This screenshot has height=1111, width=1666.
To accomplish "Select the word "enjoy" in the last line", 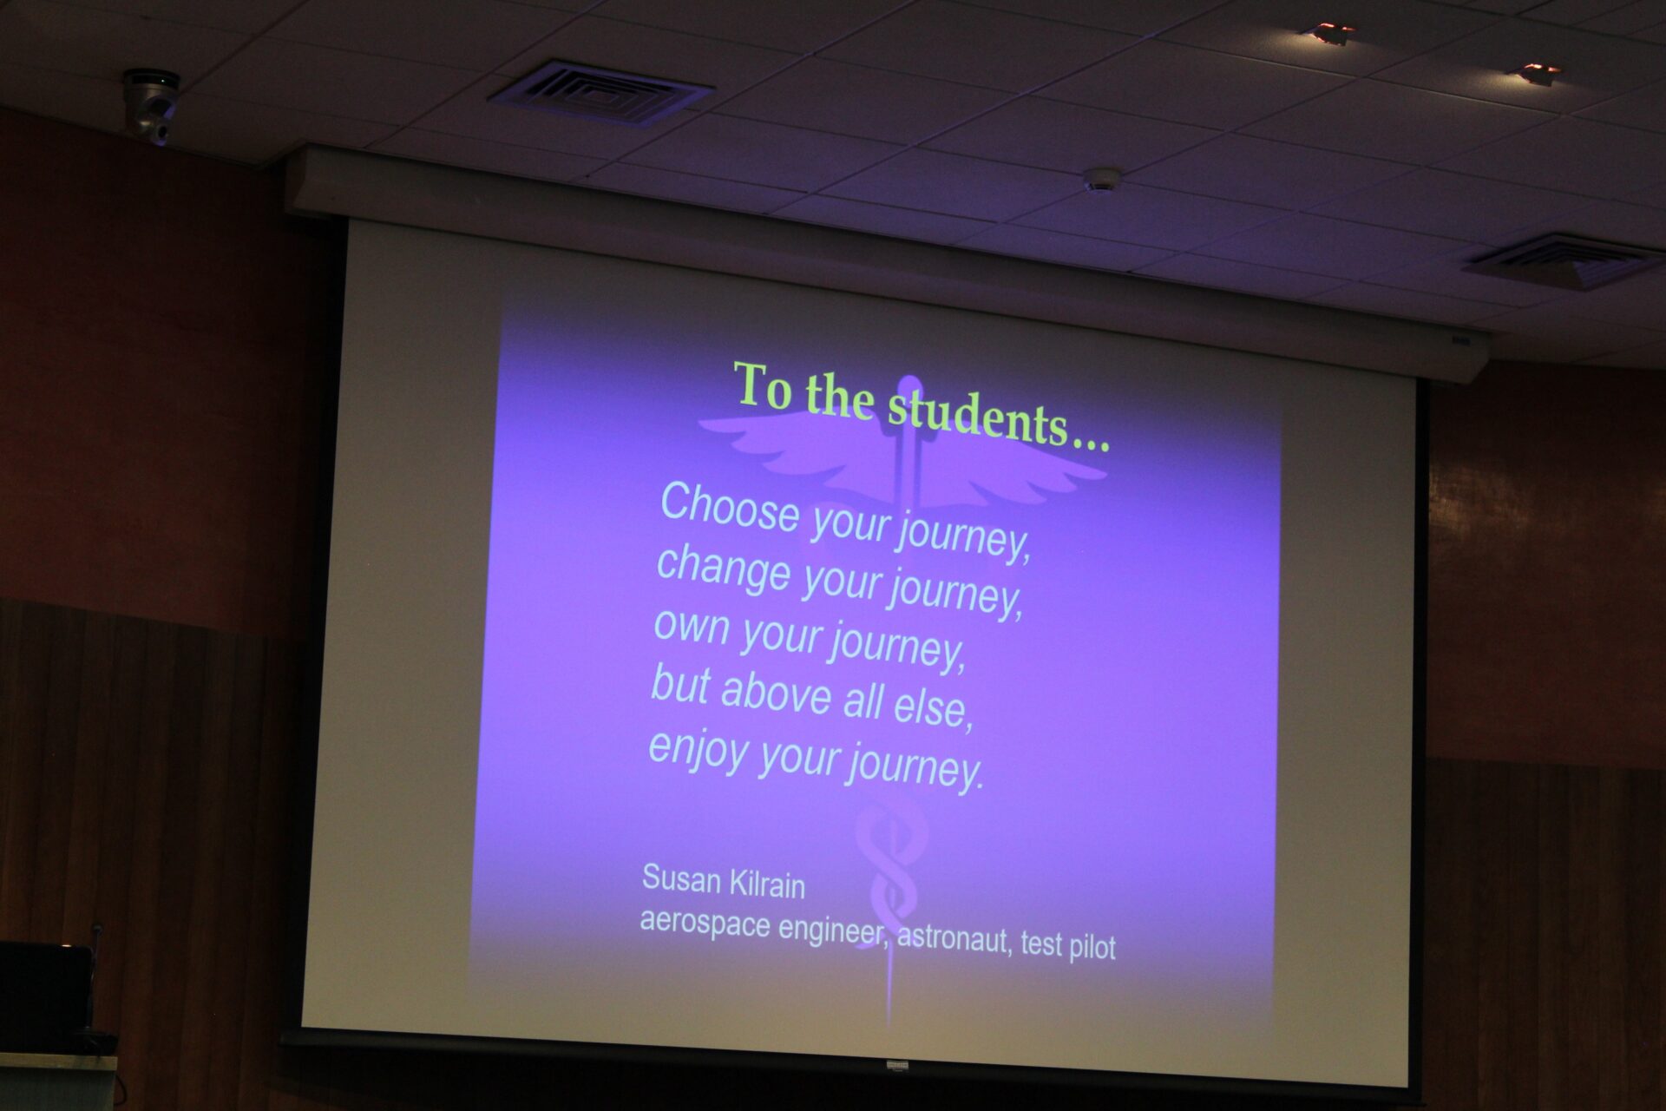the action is click(x=698, y=751).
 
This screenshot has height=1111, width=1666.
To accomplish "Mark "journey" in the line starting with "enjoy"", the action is click(x=916, y=766).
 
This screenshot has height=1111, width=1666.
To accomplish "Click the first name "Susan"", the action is click(x=681, y=879).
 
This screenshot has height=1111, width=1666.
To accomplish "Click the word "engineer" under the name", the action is click(x=832, y=930).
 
